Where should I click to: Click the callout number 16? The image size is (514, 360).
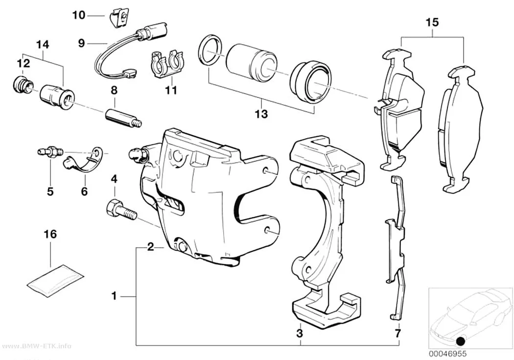pyautogui.click(x=50, y=234)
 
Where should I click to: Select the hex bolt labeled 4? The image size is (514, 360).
pyautogui.click(x=121, y=210)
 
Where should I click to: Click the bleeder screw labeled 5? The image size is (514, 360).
pyautogui.click(x=49, y=152)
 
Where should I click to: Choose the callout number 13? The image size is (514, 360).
pyautogui.click(x=261, y=114)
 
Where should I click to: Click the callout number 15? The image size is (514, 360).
pyautogui.click(x=432, y=23)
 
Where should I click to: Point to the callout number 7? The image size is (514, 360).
pyautogui.click(x=397, y=334)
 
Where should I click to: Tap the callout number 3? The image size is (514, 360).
pyautogui.click(x=299, y=334)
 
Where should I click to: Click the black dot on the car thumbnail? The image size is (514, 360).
pyautogui.click(x=461, y=341)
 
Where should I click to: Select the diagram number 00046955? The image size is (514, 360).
pyautogui.click(x=447, y=354)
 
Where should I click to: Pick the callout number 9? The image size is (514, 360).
pyautogui.click(x=82, y=43)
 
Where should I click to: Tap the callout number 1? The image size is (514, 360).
pyautogui.click(x=114, y=296)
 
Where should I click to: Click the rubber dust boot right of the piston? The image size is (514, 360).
pyautogui.click(x=310, y=82)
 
